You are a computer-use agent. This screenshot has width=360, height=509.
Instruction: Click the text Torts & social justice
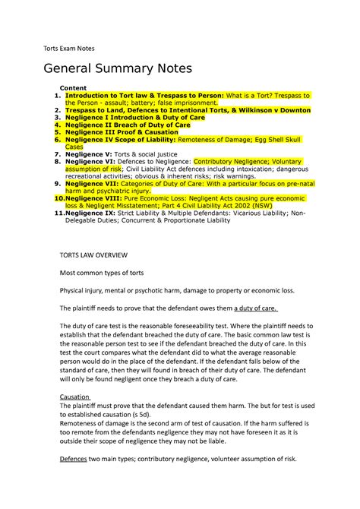(x=146, y=153)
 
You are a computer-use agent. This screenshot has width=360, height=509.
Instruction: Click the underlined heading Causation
(x=74, y=397)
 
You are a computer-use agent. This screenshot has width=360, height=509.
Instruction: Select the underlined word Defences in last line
(x=76, y=459)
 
